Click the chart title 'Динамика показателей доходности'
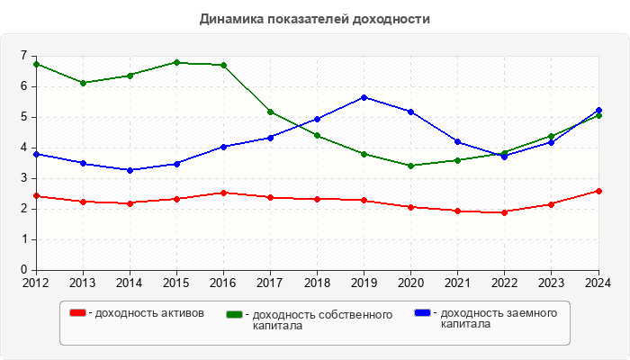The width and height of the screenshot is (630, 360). point(315,18)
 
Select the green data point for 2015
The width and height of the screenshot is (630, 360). point(176,62)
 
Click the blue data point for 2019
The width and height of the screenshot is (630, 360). point(364,97)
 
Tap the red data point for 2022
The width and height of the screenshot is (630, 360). point(505,212)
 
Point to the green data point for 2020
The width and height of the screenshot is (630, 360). point(411,166)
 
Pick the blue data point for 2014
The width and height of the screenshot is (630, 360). point(130,170)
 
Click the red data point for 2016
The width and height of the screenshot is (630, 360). point(223,193)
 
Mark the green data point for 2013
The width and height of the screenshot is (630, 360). point(83,83)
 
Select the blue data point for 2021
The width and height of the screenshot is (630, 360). point(458,141)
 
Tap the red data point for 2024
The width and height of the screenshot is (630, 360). point(598,191)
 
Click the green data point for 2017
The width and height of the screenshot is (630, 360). point(270,112)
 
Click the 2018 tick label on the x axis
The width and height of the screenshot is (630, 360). point(317,283)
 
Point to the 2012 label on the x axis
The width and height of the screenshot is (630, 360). point(36,283)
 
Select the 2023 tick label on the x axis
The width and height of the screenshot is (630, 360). point(552,283)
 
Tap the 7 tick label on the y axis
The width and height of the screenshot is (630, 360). point(23,56)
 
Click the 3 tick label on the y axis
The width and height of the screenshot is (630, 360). point(23,178)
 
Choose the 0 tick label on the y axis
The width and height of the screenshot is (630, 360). point(23,270)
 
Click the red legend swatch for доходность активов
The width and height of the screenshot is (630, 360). point(78,313)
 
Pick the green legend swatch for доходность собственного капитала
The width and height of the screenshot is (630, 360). point(235,314)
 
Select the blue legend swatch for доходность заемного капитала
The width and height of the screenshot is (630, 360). point(422,313)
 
